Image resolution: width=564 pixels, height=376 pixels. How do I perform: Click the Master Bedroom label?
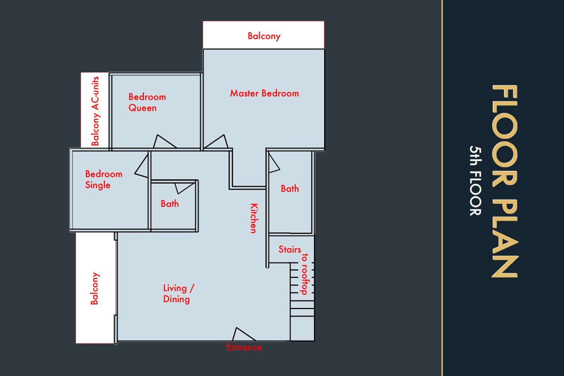click(264, 93)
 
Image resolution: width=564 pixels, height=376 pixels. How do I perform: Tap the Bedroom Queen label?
click(147, 102)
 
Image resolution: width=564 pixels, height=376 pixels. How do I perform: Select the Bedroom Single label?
click(104, 179)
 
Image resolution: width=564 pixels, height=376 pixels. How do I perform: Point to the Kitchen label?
click(254, 218)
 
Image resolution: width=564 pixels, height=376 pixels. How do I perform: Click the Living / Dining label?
click(179, 294)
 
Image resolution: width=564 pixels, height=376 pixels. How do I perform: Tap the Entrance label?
click(244, 347)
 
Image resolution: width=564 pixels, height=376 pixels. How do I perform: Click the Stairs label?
click(290, 250)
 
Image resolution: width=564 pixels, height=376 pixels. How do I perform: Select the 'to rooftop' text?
click(305, 274)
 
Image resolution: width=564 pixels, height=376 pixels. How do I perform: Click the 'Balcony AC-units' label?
click(95, 111)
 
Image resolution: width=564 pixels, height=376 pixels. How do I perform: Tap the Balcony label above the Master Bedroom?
click(264, 36)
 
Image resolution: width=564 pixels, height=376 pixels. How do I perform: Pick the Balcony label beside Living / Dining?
click(94, 288)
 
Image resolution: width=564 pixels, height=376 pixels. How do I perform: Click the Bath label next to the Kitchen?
click(290, 189)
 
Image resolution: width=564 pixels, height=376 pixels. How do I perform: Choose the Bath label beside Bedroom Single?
click(170, 204)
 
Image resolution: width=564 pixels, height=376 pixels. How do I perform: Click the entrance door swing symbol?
click(243, 334)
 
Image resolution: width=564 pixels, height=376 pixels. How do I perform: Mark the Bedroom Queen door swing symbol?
click(164, 141)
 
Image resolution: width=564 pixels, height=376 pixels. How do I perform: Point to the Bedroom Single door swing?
click(142, 166)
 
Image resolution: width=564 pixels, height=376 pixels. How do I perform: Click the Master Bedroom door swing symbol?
click(216, 142)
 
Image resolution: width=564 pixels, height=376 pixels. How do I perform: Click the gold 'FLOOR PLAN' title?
click(505, 181)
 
